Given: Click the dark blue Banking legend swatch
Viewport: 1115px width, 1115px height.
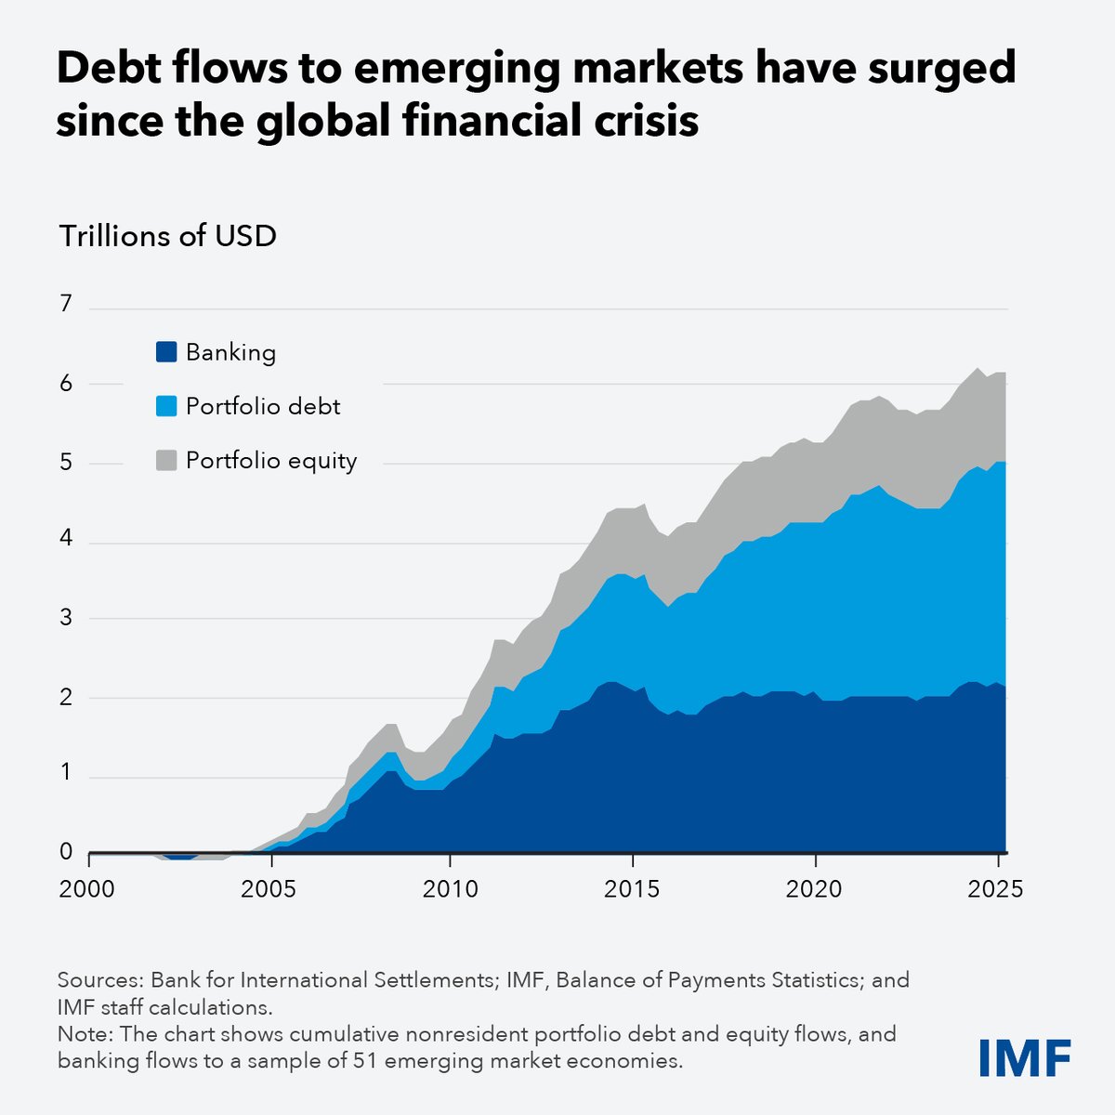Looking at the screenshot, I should tap(166, 353).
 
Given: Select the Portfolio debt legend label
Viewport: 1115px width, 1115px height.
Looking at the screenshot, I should tap(263, 407).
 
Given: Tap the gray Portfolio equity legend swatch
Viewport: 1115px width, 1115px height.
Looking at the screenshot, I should tap(166, 461).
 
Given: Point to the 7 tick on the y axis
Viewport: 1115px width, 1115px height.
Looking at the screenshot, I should tap(65, 304).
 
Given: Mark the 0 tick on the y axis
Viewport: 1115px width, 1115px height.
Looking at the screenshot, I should tap(65, 851).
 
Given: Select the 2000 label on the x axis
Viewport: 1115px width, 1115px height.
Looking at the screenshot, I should tap(88, 889).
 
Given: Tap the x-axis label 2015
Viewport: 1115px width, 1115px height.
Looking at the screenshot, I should tap(632, 889).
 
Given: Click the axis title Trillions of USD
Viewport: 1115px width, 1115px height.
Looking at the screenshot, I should tap(168, 236).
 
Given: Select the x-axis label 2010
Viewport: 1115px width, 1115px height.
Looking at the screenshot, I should tap(450, 889).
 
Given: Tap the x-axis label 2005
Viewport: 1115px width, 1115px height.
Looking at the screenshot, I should tap(269, 889).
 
